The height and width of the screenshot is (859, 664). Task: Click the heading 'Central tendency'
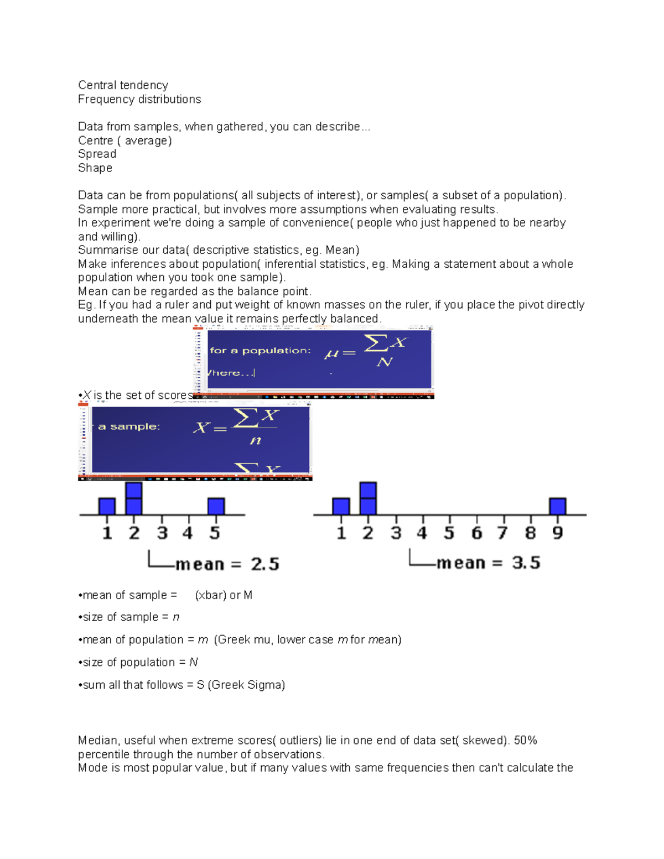[123, 85]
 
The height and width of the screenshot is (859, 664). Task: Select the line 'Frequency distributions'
[139, 99]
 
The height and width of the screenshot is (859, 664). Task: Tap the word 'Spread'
[97, 154]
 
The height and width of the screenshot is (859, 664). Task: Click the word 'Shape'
[95, 168]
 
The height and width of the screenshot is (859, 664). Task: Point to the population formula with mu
[366, 351]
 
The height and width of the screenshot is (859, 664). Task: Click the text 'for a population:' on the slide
[260, 350]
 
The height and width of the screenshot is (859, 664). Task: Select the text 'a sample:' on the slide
[129, 426]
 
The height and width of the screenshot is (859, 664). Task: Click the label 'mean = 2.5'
[227, 564]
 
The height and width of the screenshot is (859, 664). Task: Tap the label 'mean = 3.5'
[488, 563]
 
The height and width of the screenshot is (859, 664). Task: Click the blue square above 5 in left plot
[216, 506]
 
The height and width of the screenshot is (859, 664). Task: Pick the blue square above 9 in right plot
[557, 506]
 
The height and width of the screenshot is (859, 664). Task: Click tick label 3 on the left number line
[162, 533]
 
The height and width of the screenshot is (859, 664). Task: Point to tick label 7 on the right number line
[502, 533]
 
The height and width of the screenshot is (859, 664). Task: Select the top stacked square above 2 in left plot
[134, 490]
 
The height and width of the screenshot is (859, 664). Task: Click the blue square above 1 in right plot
[341, 506]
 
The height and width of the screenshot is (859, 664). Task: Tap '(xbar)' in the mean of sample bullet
[211, 595]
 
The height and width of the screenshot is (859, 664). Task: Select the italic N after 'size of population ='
[193, 662]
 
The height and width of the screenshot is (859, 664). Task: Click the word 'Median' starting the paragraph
[98, 740]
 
